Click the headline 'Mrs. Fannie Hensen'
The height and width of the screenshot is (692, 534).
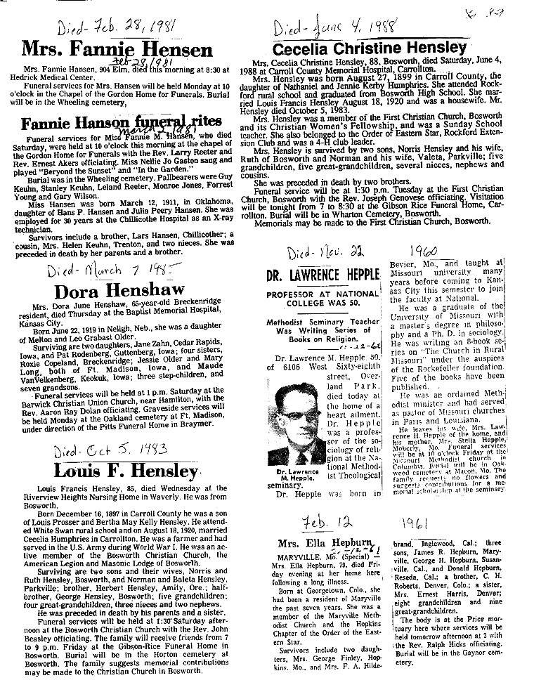(x=117, y=49)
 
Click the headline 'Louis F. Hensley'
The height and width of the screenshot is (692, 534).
(x=117, y=471)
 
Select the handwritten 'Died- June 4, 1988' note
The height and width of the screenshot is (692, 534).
(x=334, y=28)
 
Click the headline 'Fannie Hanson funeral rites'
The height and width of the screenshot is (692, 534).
(x=117, y=123)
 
